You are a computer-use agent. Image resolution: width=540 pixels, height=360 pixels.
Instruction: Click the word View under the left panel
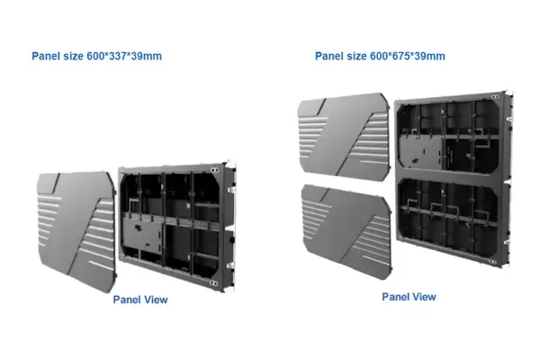coord(154,300)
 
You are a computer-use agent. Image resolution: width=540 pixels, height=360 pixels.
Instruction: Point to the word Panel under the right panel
coord(397,296)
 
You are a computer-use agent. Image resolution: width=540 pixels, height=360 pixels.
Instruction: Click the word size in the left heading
coord(72,57)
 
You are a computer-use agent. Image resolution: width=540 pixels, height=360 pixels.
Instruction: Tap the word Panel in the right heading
coord(328,57)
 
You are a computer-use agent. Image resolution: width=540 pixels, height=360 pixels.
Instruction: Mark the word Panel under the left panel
coord(127,300)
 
